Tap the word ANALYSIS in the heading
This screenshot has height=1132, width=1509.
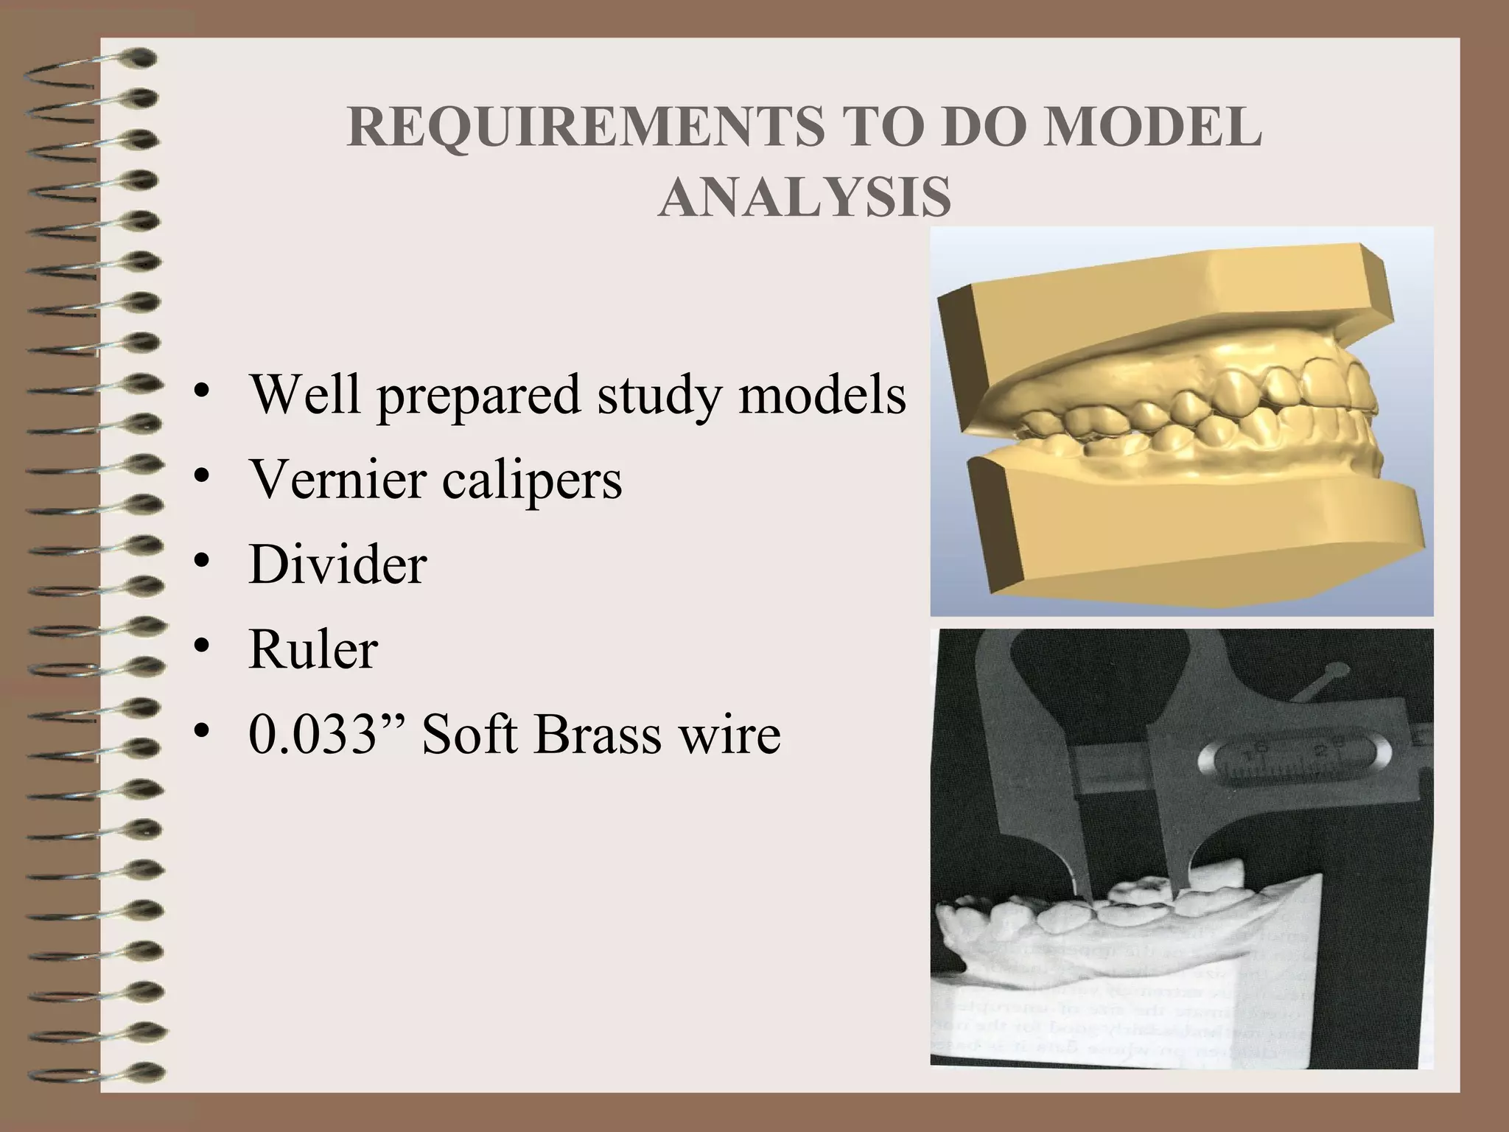point(804,198)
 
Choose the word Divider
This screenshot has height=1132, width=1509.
point(337,565)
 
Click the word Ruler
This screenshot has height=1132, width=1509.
point(313,650)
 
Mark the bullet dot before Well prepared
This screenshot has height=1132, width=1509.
point(200,394)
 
